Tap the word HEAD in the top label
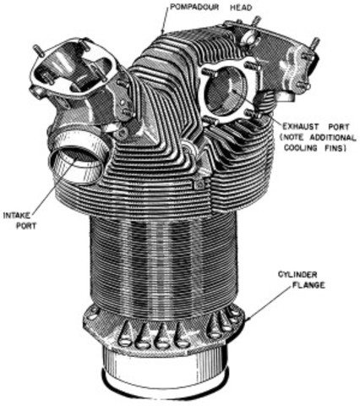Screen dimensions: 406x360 pyautogui.click(x=238, y=7)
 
